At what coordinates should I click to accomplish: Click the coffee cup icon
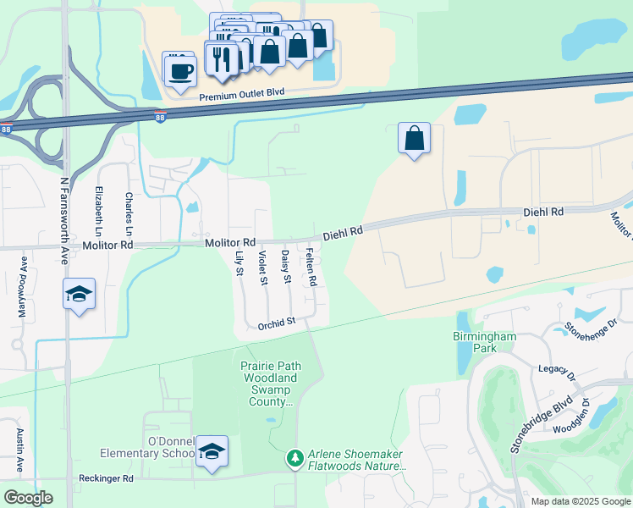tap(179, 69)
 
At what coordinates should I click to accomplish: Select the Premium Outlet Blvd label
tap(241, 96)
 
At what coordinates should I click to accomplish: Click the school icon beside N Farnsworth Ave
tap(80, 295)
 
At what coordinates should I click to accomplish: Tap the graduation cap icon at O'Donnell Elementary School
tap(212, 452)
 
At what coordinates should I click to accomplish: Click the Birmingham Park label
tap(483, 342)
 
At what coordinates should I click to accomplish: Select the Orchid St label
tap(277, 322)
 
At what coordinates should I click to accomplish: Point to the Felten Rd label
tap(311, 266)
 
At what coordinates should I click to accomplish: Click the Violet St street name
tap(263, 268)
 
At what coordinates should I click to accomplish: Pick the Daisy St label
tap(286, 267)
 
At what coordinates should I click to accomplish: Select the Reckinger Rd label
tap(104, 478)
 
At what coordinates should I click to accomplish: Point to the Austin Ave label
tap(19, 450)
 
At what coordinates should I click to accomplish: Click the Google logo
tap(29, 498)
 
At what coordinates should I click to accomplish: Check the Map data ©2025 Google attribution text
tap(580, 501)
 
